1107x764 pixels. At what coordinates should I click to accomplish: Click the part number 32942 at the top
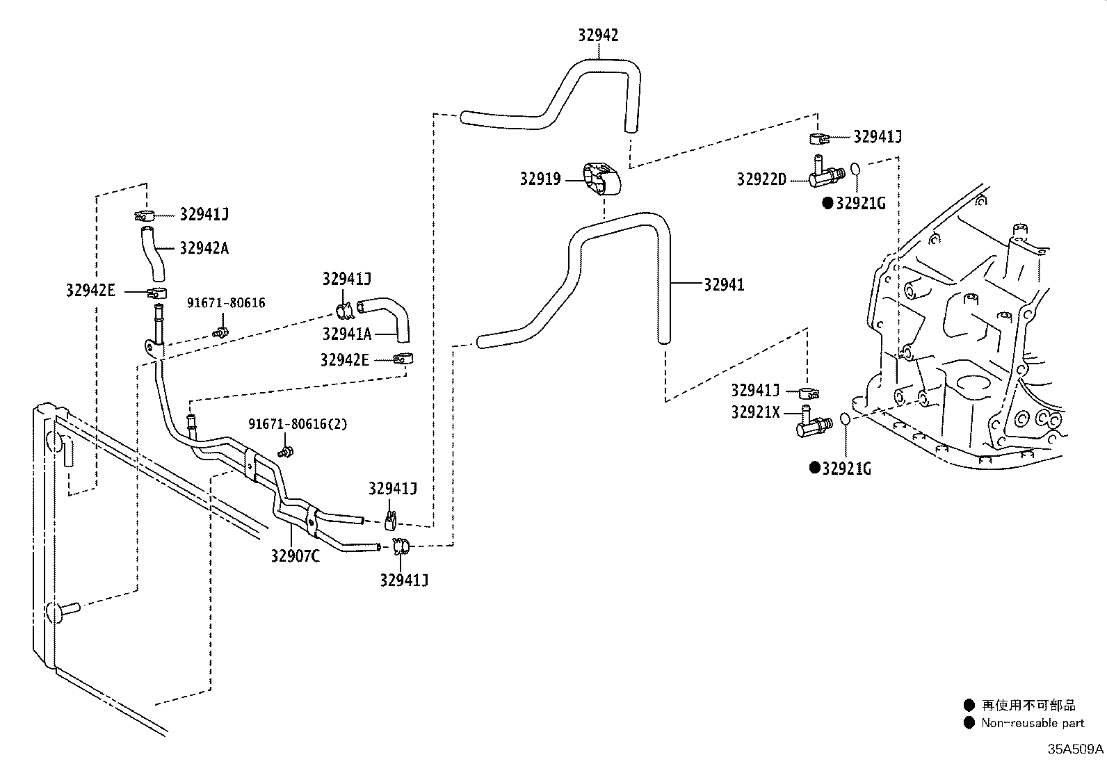(x=598, y=35)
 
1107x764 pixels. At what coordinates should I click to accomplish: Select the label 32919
(x=540, y=179)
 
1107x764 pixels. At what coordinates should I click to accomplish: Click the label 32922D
(x=761, y=180)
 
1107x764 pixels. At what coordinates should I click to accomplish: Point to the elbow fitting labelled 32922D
(x=825, y=174)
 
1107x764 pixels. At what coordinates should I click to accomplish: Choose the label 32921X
(x=755, y=412)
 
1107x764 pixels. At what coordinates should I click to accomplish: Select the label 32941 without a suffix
(x=724, y=284)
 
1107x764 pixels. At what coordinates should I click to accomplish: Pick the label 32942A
(x=204, y=248)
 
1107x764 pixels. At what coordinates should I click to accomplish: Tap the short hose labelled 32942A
(x=152, y=253)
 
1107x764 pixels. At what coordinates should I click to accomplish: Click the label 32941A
(x=346, y=334)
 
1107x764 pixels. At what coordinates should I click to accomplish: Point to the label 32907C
(x=296, y=556)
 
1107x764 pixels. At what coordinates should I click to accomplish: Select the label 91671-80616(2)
(x=298, y=424)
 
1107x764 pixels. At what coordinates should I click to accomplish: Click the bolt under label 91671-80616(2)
(x=286, y=453)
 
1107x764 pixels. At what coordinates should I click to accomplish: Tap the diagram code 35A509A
(x=1076, y=749)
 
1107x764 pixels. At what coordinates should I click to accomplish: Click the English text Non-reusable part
(x=1033, y=723)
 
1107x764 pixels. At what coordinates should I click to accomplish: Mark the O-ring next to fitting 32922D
(x=856, y=169)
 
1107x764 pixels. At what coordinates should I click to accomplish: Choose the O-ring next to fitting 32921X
(x=845, y=419)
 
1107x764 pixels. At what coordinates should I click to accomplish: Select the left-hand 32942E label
(x=90, y=291)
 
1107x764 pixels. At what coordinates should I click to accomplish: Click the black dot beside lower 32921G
(x=814, y=468)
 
